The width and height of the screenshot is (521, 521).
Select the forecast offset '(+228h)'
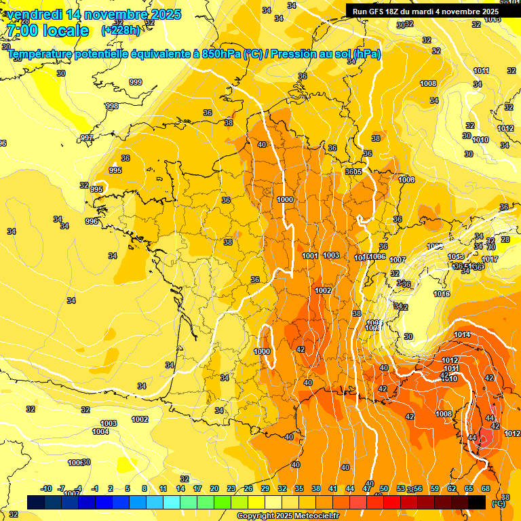coord(121,31)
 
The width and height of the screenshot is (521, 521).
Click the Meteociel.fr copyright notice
coord(288,516)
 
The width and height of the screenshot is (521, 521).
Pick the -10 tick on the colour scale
coord(46,488)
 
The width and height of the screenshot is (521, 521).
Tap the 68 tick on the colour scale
coord(486,488)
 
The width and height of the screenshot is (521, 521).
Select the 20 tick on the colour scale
coord(214,488)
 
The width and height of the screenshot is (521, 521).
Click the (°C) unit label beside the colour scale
coord(499,503)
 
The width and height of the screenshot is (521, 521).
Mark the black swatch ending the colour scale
coord(477,502)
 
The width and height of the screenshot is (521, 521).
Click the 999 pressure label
coord(136,82)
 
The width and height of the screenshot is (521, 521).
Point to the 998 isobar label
coord(112,106)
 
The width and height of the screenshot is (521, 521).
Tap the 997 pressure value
coord(87,138)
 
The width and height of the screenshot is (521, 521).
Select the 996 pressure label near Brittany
coord(92,221)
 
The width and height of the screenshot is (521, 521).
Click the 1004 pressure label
coord(100,431)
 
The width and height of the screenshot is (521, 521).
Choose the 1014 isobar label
coord(462,334)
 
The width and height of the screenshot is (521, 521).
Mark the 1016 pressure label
coord(442,294)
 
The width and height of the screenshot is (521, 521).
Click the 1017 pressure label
coord(490,260)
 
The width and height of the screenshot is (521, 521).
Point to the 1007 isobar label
coord(398,260)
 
